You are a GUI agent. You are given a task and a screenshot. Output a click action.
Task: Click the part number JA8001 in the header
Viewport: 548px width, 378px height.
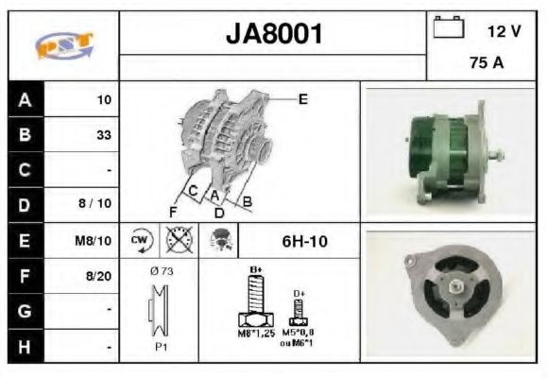pos(274,35)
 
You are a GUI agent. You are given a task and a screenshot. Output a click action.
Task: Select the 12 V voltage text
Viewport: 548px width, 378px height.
pos(504,31)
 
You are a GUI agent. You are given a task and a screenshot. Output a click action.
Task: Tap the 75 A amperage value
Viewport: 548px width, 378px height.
pos(485,65)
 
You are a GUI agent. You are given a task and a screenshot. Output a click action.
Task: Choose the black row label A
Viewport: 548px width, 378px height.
pos(25,99)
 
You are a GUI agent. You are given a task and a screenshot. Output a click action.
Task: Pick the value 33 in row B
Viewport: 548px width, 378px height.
pos(103,134)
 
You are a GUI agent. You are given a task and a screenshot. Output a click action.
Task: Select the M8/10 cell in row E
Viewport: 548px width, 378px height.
pos(94,240)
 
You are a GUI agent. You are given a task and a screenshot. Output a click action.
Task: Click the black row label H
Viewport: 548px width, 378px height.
pos(25,347)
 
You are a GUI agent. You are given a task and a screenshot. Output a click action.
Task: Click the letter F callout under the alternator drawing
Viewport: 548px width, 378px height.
pos(173,210)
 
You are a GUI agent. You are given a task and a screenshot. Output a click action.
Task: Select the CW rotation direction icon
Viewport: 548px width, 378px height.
pos(141,240)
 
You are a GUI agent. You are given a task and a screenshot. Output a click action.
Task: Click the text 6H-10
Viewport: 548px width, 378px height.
pos(304,241)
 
